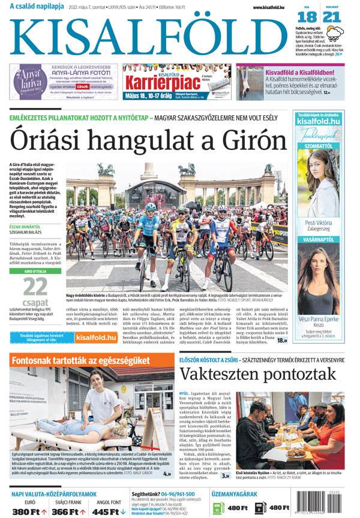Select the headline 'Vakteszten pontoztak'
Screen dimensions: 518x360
pyautogui.click(x=259, y=374)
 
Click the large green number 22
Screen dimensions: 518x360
pyautogui.click(x=35, y=287)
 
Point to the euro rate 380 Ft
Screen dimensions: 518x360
pyautogui.click(x=29, y=511)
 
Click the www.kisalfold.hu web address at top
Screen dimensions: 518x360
pyautogui.click(x=270, y=6)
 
